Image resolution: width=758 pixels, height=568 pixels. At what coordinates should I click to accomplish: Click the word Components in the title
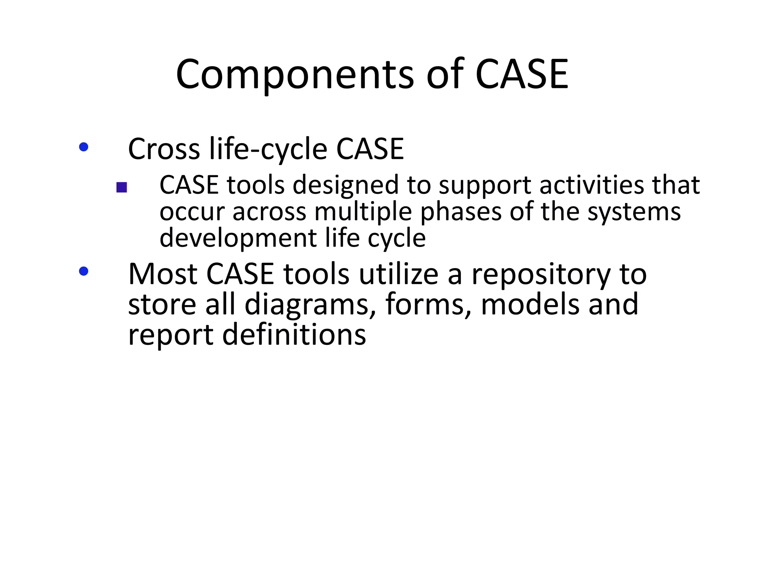click(295, 75)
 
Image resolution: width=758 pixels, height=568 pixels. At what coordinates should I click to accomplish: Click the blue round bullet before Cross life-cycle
click(84, 147)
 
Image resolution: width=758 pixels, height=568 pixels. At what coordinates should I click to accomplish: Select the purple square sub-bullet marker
click(121, 187)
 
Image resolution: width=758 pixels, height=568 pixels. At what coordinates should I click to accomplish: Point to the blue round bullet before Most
click(84, 271)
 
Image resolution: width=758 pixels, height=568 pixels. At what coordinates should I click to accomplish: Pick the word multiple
click(363, 212)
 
